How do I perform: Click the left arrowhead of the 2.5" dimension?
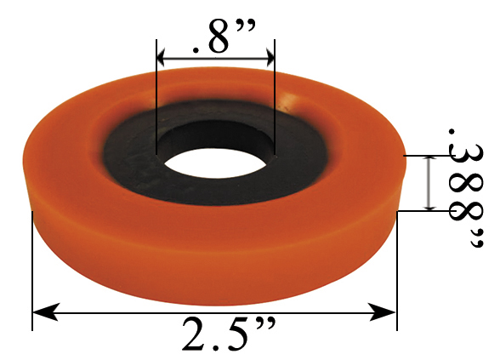coord(41,312)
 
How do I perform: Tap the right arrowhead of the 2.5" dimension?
coord(389,312)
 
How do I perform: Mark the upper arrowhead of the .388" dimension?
coord(431,162)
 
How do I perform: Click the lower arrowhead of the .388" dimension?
coord(431,204)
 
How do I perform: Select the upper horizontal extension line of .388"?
coord(421,156)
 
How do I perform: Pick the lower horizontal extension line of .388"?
coord(421,210)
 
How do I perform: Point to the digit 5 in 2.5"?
coord(234,334)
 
